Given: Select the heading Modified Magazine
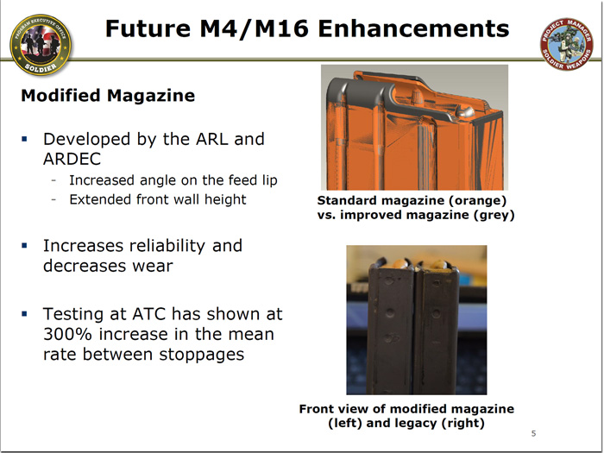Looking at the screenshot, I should point(108,96).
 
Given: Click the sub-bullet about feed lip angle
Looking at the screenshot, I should point(173,179).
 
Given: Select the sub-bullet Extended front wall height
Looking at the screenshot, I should point(157,199).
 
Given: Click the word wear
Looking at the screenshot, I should point(152,265).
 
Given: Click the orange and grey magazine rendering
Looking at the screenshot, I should point(413,127).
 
